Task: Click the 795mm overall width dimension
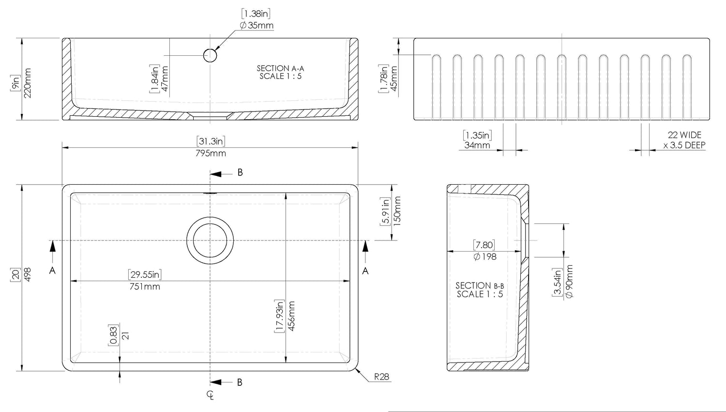(211, 153)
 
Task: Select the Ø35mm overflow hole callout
(257, 25)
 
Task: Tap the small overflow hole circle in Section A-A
(210, 56)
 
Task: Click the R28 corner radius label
(381, 377)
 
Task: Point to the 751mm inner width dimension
(145, 286)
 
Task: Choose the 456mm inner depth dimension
(291, 316)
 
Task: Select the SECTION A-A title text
(280, 68)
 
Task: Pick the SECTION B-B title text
(480, 285)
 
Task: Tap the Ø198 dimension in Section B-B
(485, 257)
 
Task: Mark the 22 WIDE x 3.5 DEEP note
(684, 140)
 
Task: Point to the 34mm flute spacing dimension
(477, 145)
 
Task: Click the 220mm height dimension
(28, 83)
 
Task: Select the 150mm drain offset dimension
(397, 211)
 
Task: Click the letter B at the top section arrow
(240, 173)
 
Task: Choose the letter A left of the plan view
(52, 270)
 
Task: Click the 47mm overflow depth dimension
(165, 79)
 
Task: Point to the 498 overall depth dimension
(28, 274)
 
